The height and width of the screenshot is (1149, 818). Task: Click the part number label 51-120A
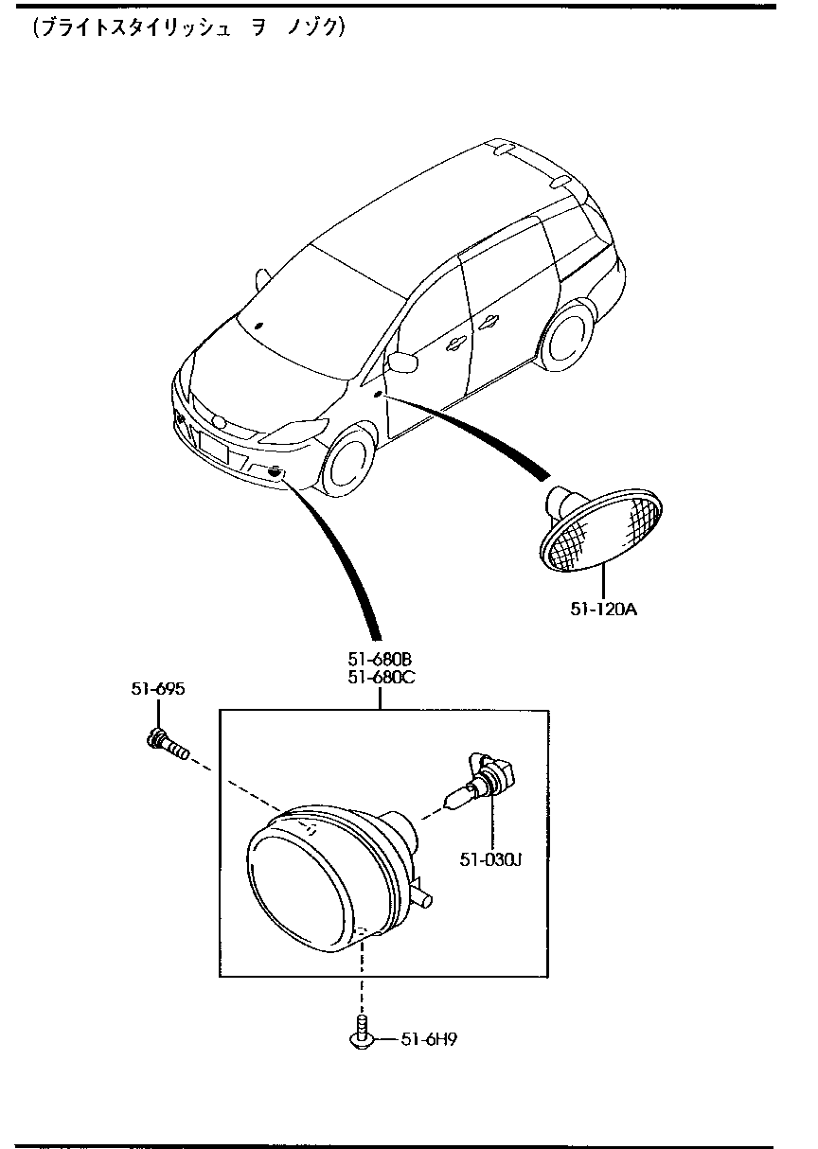point(603,610)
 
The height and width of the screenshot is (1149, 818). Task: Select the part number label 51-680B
point(380,659)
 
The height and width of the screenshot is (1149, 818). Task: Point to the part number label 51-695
point(157,689)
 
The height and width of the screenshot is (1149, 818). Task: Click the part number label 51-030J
point(491,859)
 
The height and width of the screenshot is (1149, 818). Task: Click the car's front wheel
point(347,464)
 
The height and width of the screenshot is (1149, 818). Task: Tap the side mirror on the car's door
point(404,361)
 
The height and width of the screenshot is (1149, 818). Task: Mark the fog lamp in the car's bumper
point(275,472)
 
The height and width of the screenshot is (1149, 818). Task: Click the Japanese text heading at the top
point(189,28)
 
